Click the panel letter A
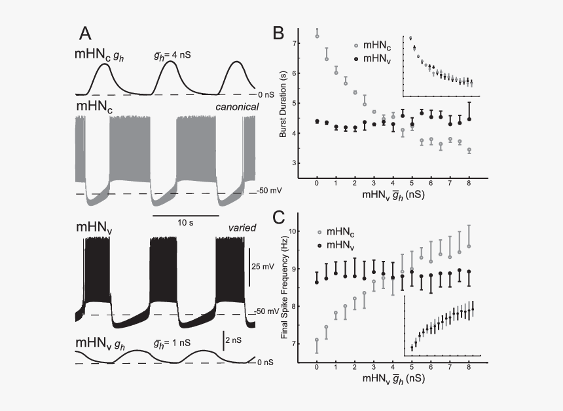tap(85, 34)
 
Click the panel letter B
tap(278, 33)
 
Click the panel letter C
tap(279, 218)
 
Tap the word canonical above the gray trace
tap(237, 107)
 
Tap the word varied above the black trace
tap(242, 228)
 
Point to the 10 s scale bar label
tap(185, 223)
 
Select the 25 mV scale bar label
tap(263, 267)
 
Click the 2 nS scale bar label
tap(234, 340)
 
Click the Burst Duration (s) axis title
tap(283, 104)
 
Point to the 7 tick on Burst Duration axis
tap(294, 43)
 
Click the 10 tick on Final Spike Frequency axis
tap(293, 231)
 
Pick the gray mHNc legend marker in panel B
tap(356, 46)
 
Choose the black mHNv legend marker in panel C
tap(319, 246)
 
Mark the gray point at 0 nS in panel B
tap(317, 36)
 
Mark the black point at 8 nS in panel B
tap(469, 119)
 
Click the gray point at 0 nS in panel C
tap(317, 340)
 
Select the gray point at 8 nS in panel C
tap(469, 246)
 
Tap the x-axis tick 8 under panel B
tap(469, 183)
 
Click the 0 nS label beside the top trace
tap(266, 95)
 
